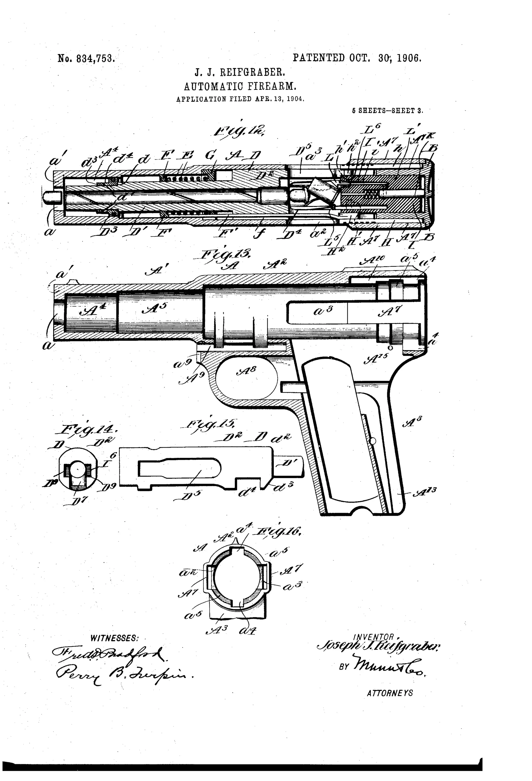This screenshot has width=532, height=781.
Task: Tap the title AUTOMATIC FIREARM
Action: pos(240,87)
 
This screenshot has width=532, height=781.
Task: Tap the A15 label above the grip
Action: pos(377,360)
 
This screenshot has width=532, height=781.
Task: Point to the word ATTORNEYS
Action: pos(390,693)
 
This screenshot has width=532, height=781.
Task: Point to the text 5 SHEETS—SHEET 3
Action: pos(387,111)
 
